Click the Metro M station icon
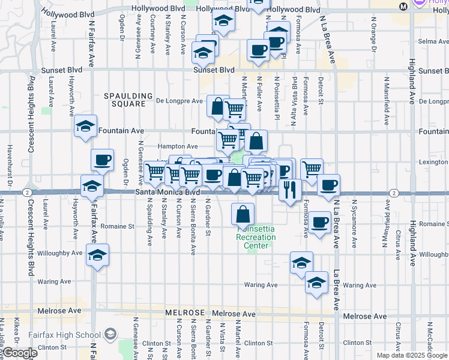tap(403, 6)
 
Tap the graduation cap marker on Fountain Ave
tap(86, 127)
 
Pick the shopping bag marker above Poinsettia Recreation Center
tap(243, 214)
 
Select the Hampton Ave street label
tap(178, 146)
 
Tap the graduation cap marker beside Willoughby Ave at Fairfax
tap(97, 256)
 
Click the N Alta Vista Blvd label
tap(294, 94)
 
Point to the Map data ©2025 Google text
tap(411, 355)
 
